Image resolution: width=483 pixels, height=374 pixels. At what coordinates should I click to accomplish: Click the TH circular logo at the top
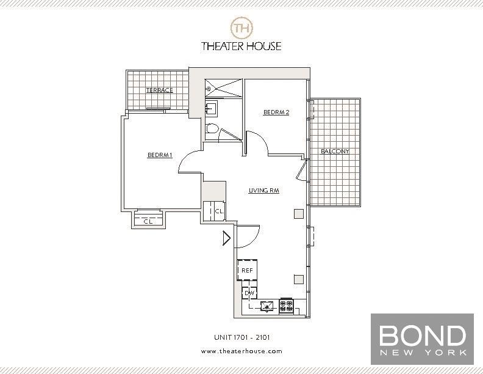click(x=241, y=28)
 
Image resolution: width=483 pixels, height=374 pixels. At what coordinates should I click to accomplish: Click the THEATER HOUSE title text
click(x=241, y=46)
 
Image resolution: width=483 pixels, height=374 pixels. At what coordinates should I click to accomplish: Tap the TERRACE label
click(x=159, y=90)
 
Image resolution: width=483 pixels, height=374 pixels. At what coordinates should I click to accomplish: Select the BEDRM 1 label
click(x=160, y=155)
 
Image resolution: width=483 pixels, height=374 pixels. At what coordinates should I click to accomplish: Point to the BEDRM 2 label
click(x=276, y=112)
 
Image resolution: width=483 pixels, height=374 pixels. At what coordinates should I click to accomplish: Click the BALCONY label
click(x=335, y=151)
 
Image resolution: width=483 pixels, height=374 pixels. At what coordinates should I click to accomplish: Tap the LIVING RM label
click(x=263, y=191)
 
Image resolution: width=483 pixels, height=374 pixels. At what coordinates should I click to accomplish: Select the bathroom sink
click(x=211, y=108)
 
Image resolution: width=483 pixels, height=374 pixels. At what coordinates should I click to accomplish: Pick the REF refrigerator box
click(x=247, y=270)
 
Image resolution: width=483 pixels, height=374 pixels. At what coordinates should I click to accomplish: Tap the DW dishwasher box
click(x=249, y=293)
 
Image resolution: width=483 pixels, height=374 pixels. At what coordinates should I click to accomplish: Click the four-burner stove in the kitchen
click(x=287, y=306)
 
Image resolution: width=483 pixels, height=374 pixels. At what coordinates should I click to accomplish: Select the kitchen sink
click(x=267, y=306)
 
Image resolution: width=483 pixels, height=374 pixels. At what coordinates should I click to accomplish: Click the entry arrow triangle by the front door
click(x=227, y=238)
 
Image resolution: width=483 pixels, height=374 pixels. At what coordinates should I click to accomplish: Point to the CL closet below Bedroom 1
click(x=148, y=219)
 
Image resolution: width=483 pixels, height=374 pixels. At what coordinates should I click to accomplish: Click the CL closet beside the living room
click(x=215, y=211)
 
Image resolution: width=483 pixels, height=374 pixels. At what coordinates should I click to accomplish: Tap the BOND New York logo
click(x=422, y=339)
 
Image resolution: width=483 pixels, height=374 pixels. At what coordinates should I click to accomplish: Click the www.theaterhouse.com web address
click(x=241, y=351)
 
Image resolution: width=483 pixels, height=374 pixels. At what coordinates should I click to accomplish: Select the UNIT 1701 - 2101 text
click(x=242, y=337)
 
